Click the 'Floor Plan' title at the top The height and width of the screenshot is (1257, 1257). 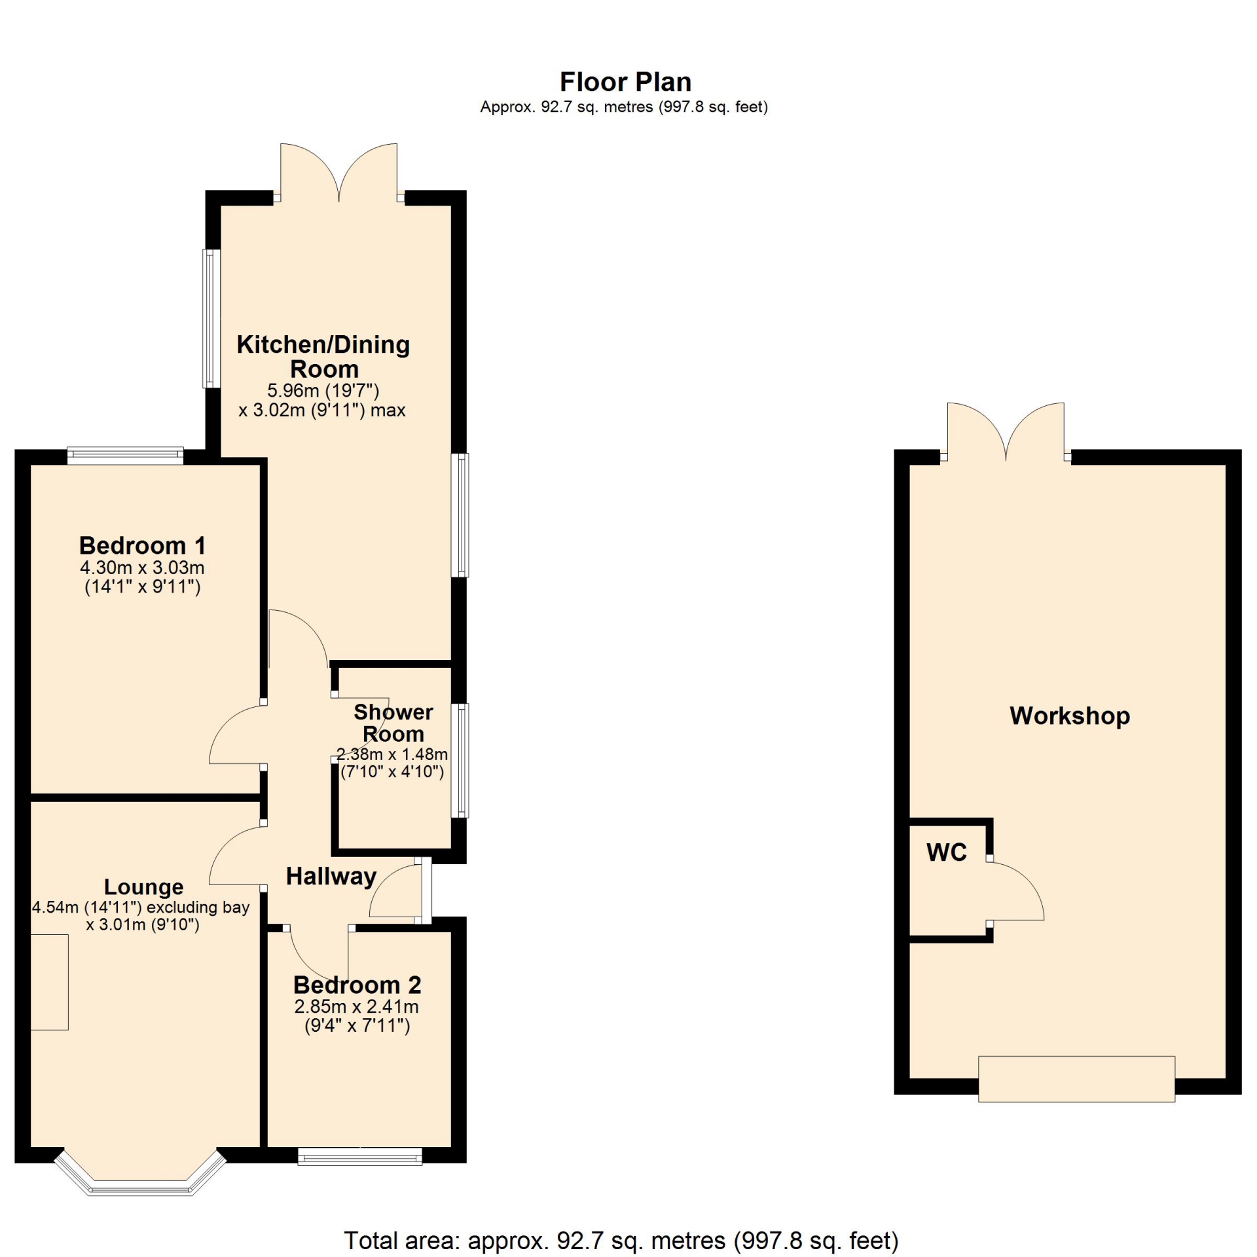pyautogui.click(x=625, y=82)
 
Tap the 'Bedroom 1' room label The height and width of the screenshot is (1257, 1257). pyautogui.click(x=143, y=545)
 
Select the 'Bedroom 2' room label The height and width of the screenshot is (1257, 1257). pyautogui.click(x=357, y=985)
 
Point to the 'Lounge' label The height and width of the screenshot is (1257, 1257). pyautogui.click(x=144, y=888)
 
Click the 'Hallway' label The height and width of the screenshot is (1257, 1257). pyautogui.click(x=331, y=877)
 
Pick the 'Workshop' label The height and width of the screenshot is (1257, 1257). pyautogui.click(x=1070, y=716)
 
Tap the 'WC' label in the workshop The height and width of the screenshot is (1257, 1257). pyautogui.click(x=947, y=852)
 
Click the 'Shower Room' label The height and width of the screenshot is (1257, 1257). pyautogui.click(x=393, y=723)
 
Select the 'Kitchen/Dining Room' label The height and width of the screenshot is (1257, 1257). pyautogui.click(x=323, y=356)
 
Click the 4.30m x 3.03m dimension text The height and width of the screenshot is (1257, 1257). pyautogui.click(x=142, y=568)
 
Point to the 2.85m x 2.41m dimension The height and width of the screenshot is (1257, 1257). pyautogui.click(x=357, y=1007)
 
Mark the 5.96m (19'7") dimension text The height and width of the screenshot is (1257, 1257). pyautogui.click(x=323, y=391)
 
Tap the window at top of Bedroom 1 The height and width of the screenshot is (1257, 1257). pyautogui.click(x=125, y=456)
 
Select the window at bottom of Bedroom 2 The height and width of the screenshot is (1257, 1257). pyautogui.click(x=360, y=1157)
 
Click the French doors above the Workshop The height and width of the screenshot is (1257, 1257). pyautogui.click(x=1006, y=432)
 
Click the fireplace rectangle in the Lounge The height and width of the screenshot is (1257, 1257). pyautogui.click(x=50, y=983)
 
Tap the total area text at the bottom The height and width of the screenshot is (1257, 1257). pyautogui.click(x=621, y=1241)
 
